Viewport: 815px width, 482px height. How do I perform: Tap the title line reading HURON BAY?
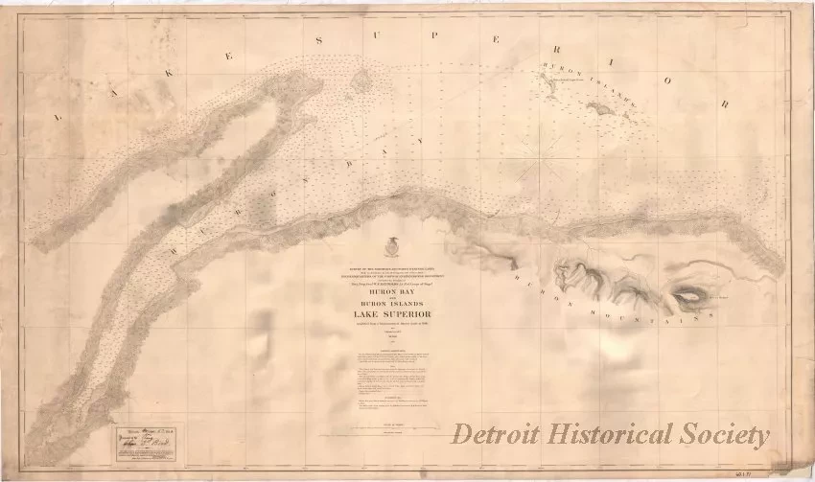click(391, 293)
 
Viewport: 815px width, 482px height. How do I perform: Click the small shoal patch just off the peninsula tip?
click(361, 82)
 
